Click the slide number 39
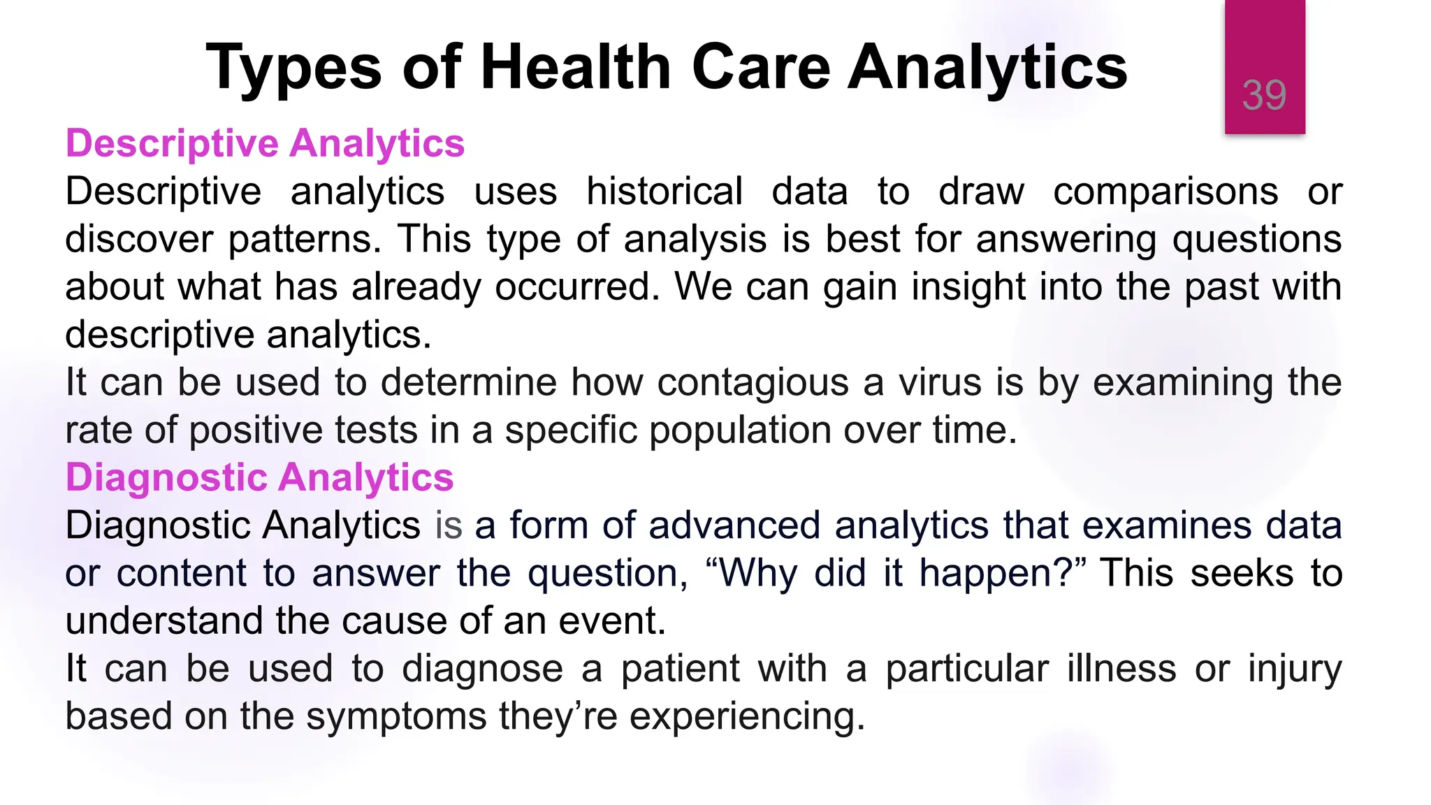(x=1264, y=95)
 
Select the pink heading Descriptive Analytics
(x=265, y=143)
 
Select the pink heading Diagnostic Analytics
(x=259, y=477)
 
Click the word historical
(x=664, y=191)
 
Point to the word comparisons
(x=1165, y=191)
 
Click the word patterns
(x=305, y=239)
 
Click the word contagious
(x=752, y=382)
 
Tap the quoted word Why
(x=757, y=573)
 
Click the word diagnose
(x=482, y=669)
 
